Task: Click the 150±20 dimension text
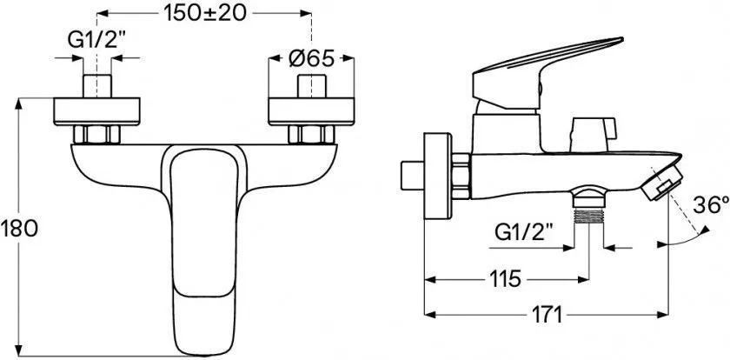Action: [204, 14]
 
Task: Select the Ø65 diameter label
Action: [311, 58]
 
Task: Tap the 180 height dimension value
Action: [19, 229]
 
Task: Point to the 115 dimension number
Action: [505, 279]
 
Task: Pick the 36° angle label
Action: [711, 205]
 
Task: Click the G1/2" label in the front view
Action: [97, 41]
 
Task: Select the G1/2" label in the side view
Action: [524, 231]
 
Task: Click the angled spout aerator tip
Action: [661, 183]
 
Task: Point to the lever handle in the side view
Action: [547, 74]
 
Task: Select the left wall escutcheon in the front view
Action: [96, 111]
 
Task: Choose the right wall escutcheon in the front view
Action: [311, 111]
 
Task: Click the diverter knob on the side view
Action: [592, 134]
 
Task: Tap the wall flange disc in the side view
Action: [438, 176]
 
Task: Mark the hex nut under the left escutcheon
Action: [96, 135]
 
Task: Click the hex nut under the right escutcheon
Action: [311, 135]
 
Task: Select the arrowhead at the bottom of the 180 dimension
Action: [18, 350]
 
